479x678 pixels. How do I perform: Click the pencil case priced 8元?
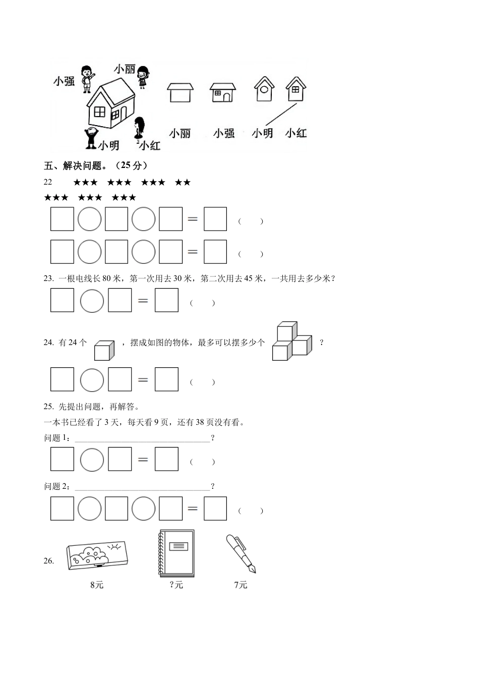pos(97,559)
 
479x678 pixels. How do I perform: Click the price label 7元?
pos(241,585)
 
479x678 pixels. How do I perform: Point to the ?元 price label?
pos(176,585)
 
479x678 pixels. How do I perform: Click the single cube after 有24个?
pos(104,350)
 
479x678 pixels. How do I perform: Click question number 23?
pos(49,278)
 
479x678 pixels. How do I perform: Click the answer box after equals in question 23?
pos(166,300)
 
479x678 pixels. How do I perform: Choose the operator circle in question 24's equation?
pos(92,380)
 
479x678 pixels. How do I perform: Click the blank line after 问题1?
pos(142,438)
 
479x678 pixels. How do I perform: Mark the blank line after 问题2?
pos(142,487)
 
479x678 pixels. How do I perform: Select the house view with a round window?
pos(264,89)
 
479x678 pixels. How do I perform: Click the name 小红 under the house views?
pos(295,133)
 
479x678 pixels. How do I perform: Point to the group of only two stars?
pos(183,183)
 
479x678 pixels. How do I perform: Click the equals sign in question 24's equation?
pos(143,380)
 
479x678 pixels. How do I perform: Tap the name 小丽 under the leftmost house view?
pos(180,133)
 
